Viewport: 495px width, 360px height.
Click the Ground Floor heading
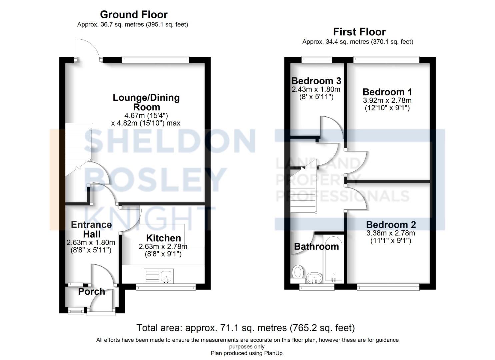coord(134,15)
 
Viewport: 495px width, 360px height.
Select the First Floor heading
coord(359,32)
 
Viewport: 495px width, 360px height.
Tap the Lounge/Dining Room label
coord(146,102)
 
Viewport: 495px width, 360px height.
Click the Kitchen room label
coord(163,238)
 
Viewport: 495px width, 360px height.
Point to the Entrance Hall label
coord(91,229)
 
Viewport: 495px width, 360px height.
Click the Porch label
coord(91,292)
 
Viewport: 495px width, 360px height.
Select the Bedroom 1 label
coord(387,92)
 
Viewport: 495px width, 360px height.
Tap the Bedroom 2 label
coord(391,225)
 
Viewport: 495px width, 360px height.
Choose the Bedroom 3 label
coord(316,81)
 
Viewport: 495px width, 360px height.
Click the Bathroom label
coord(316,247)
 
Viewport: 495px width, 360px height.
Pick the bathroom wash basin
coord(314,277)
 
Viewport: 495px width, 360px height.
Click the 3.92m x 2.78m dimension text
coord(387,100)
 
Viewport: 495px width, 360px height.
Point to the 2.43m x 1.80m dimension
coord(316,89)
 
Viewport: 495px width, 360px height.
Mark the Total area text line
coord(245,328)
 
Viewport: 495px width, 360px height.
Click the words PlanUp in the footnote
coord(273,353)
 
